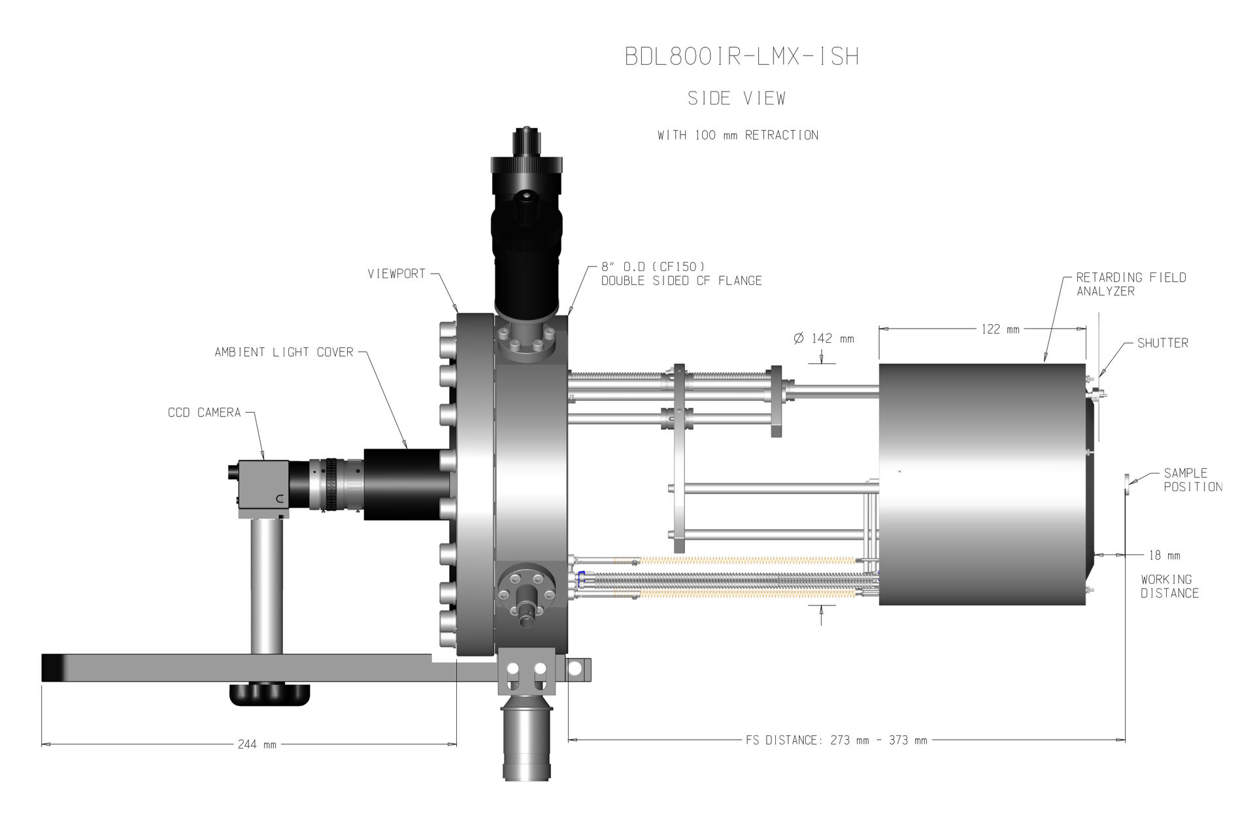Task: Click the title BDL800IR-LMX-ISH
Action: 741,56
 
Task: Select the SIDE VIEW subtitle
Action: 737,98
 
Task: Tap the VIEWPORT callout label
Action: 396,274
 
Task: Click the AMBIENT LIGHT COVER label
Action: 284,352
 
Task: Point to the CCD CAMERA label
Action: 205,412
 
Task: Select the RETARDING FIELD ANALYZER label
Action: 1131,284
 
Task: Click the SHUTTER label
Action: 1163,343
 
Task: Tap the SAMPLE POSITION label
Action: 1193,479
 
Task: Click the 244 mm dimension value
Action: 257,745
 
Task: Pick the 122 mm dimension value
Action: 1000,329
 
